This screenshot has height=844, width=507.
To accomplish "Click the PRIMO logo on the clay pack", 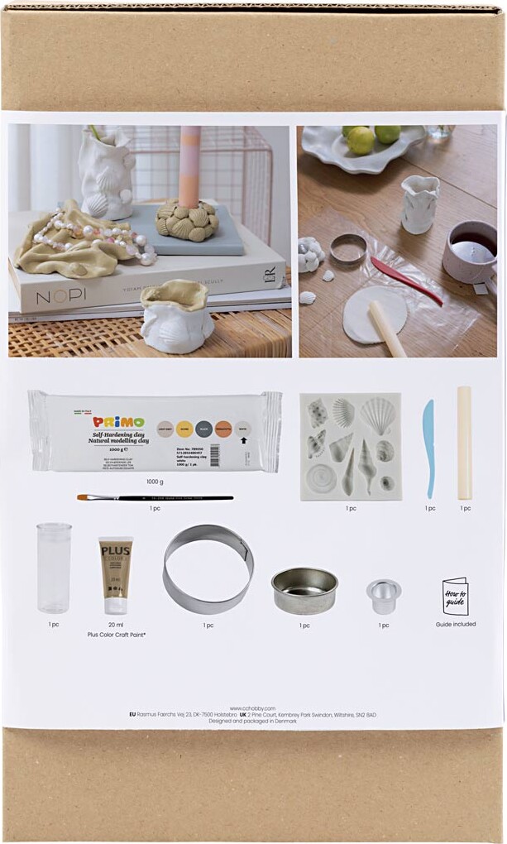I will (119, 422).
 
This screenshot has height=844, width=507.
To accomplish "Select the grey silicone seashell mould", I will (351, 446).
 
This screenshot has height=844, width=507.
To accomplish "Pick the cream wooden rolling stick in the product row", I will (464, 443).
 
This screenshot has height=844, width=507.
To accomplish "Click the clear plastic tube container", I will (54, 567).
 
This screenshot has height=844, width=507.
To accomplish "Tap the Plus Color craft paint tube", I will (115, 573).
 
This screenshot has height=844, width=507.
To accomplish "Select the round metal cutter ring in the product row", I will (208, 568).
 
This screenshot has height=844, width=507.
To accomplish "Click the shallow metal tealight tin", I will (304, 590).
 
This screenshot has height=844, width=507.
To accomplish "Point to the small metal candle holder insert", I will (384, 595).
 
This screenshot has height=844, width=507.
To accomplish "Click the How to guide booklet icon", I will (455, 596).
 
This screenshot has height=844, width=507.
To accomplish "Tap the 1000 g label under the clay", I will (155, 481).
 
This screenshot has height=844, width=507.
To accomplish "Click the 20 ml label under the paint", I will (116, 625).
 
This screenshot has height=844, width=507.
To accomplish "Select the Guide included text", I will (456, 624).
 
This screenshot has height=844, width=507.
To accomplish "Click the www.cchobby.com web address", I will (252, 707).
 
